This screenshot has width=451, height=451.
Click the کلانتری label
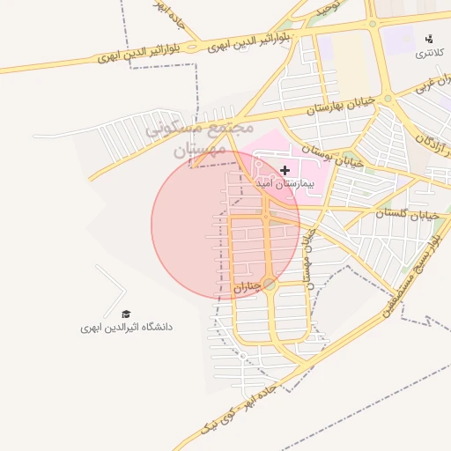430,54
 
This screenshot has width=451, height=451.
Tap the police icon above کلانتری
430,39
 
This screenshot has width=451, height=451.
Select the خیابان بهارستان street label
341,107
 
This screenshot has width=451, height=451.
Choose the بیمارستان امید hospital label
285,185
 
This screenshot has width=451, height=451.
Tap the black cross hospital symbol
285,169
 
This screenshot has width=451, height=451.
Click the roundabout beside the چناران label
270,285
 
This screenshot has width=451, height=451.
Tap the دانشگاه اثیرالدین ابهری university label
127,327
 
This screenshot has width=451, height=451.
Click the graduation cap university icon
125,314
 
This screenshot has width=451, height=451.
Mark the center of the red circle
225,225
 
